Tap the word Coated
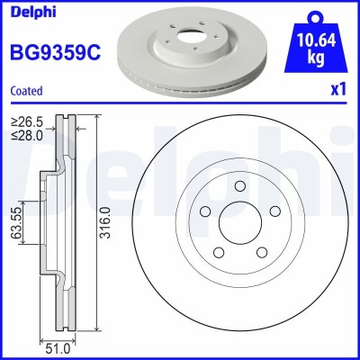[27, 90]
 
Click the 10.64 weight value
[316, 41]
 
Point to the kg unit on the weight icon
[316, 58]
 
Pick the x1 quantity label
[338, 90]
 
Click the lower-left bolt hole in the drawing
[218, 256]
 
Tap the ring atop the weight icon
[316, 16]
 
